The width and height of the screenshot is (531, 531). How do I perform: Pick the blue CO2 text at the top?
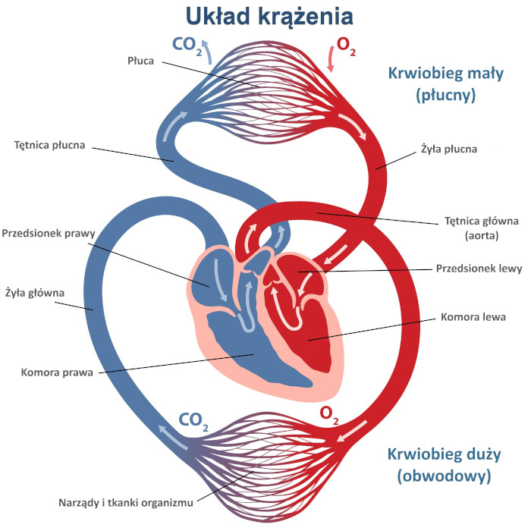coord(187,46)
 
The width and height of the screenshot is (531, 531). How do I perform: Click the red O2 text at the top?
coord(346,46)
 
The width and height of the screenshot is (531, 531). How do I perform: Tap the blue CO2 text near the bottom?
coord(193,421)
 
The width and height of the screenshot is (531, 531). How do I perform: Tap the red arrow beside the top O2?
coord(330,58)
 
